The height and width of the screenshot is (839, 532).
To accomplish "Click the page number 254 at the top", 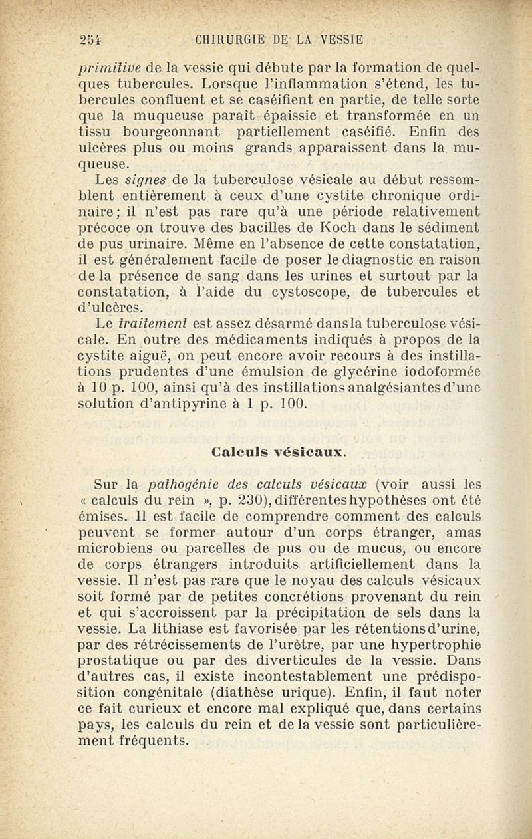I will (x=87, y=39).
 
